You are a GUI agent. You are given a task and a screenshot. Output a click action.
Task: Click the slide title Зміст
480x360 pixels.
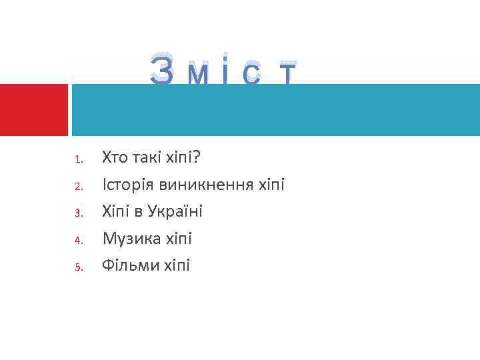point(223,71)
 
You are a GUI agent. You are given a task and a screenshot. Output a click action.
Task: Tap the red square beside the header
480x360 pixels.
point(34,109)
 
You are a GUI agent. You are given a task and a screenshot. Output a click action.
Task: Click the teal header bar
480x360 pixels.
point(275,110)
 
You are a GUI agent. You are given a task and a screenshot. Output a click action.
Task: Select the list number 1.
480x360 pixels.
point(77,160)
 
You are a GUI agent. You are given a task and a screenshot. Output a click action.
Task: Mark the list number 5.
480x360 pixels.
point(77,267)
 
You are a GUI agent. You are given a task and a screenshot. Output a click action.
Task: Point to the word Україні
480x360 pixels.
point(171,211)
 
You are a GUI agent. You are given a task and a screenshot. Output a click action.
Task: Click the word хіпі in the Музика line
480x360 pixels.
point(177,238)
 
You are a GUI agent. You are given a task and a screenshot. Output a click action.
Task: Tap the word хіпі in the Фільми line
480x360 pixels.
point(176,265)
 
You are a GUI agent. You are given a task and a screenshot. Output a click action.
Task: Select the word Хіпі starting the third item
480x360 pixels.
point(116,211)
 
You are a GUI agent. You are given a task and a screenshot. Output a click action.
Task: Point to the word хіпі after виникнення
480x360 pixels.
point(271,185)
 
